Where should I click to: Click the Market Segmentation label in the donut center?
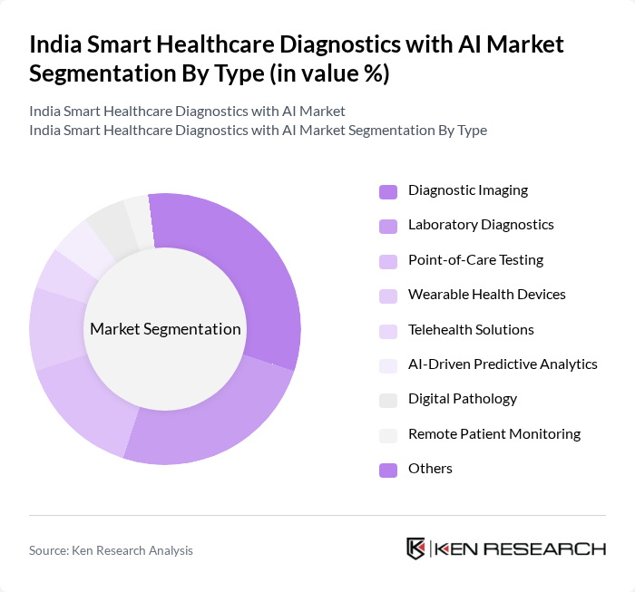pos(165,328)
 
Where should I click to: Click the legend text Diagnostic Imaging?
pos(468,190)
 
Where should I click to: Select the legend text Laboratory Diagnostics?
pos(481,225)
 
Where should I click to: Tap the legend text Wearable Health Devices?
pos(487,295)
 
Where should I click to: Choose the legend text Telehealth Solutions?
pos(471,329)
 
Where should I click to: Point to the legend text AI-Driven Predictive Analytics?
pos(503,364)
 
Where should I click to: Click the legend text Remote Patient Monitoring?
pos(494,433)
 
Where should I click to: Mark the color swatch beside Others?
pos(388,469)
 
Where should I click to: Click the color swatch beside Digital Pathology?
pos(388,399)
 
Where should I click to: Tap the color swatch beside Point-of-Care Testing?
pos(388,260)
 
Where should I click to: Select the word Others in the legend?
pos(430,469)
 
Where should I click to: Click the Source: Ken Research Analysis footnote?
pos(111,549)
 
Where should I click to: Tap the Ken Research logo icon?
pos(415,548)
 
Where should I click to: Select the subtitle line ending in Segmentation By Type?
pos(258,131)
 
